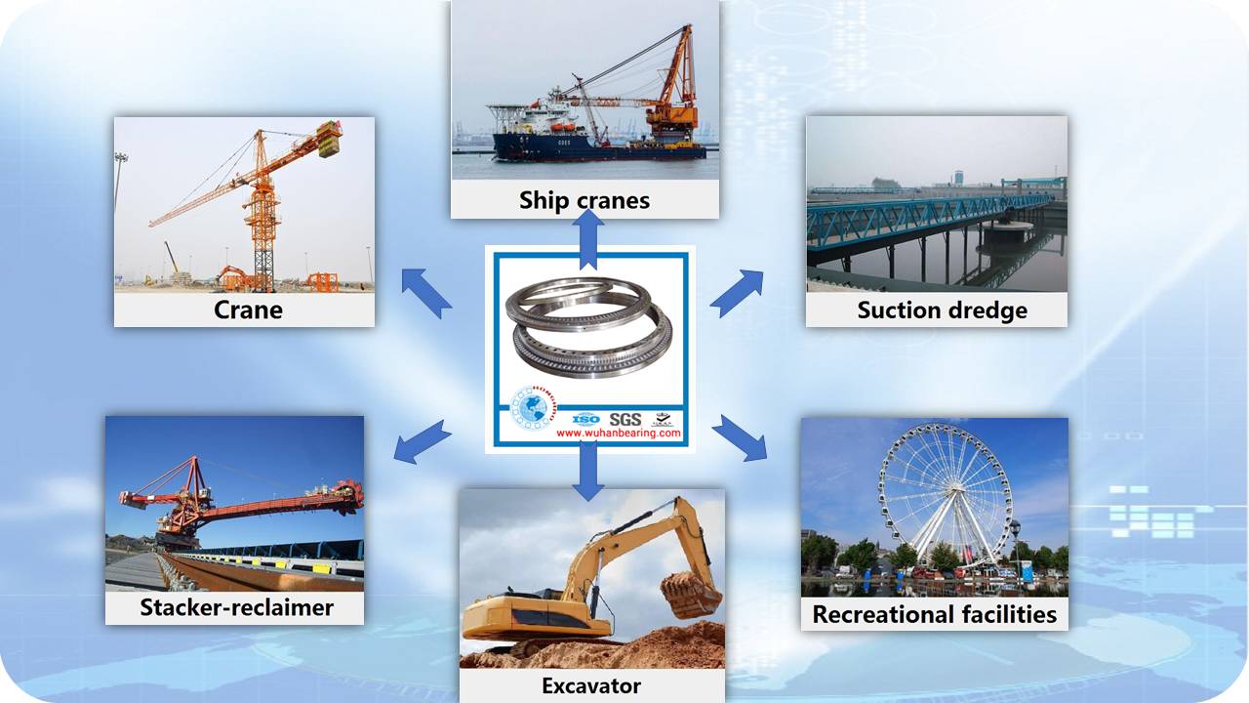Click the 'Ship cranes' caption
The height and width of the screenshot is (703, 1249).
(x=584, y=200)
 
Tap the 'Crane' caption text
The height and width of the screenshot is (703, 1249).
(x=248, y=310)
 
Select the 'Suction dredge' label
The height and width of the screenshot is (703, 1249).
(x=943, y=310)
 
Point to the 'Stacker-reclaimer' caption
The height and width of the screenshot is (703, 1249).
(x=236, y=607)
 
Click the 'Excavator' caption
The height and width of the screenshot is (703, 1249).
(x=591, y=685)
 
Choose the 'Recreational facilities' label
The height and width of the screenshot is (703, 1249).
(x=935, y=614)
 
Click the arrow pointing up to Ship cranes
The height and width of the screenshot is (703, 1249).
(x=588, y=239)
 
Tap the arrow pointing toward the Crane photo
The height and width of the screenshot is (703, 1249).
(x=426, y=293)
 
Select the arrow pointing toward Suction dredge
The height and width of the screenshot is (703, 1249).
(x=737, y=294)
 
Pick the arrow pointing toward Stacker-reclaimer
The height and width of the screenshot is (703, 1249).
(x=423, y=442)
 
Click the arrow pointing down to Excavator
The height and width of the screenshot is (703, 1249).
(x=588, y=470)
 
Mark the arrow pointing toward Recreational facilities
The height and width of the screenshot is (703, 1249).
(x=740, y=438)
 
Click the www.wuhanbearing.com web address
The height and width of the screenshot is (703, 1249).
(x=619, y=433)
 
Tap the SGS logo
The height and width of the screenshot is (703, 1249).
(x=625, y=420)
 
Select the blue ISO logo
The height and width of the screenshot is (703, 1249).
(x=586, y=420)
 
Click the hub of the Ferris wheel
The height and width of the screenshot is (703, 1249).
(x=954, y=490)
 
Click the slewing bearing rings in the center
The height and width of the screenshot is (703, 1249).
(x=588, y=327)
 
